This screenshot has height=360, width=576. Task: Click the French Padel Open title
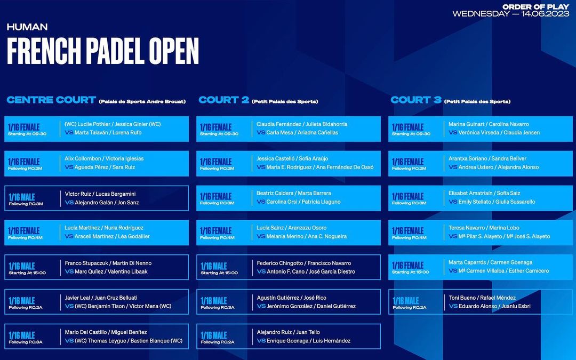pyautogui.click(x=103, y=51)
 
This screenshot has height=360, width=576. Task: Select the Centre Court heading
pyautogui.click(x=51, y=100)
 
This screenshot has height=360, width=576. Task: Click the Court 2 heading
pyautogui.click(x=223, y=100)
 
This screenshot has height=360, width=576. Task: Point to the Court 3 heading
pyautogui.click(x=416, y=100)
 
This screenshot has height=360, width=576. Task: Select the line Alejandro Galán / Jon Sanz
pyautogui.click(x=107, y=203)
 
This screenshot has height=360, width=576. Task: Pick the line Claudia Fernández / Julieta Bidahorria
pyautogui.click(x=302, y=124)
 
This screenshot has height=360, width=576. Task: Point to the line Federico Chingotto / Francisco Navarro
pyautogui.click(x=304, y=263)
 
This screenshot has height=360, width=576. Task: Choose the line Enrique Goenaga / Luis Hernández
pyautogui.click(x=309, y=340)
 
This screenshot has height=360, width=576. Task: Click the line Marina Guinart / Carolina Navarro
pyautogui.click(x=489, y=124)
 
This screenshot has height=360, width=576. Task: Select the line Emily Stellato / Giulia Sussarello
pyautogui.click(x=497, y=202)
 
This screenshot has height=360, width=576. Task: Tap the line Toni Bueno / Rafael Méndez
pyautogui.click(x=482, y=298)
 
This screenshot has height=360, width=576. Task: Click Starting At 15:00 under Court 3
pyautogui.click(x=410, y=272)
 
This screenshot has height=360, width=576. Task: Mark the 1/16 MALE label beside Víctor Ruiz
pyautogui.click(x=22, y=197)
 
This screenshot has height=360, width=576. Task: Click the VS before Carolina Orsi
pyautogui.click(x=261, y=202)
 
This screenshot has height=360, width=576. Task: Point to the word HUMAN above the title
pyautogui.click(x=27, y=27)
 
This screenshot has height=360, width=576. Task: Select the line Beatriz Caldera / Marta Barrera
pyautogui.click(x=293, y=193)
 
